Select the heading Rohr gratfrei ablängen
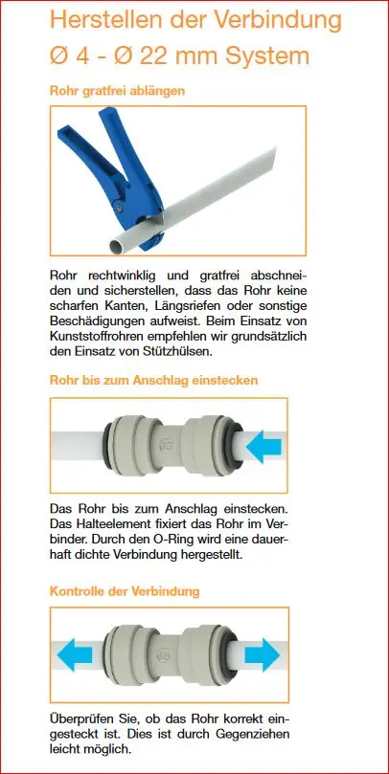[x=116, y=92]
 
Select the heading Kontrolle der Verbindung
[x=125, y=591]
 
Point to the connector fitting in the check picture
[x=172, y=657]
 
